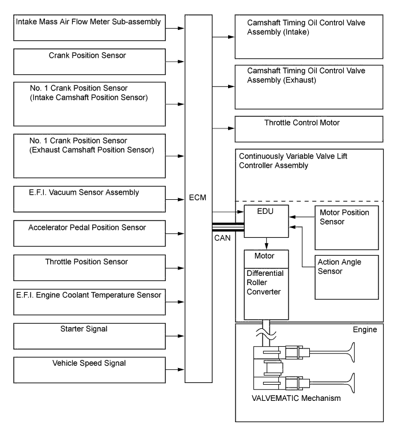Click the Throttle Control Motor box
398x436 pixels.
(x=309, y=128)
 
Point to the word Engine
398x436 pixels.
(x=364, y=330)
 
